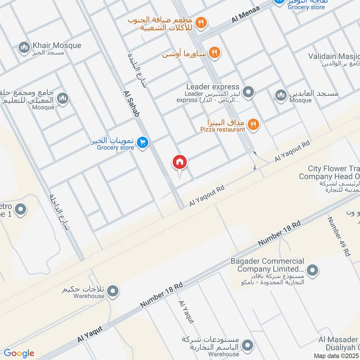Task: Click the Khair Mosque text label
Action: pos(57,45)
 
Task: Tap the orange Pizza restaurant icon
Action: pos(253,124)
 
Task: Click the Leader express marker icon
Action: pos(248,93)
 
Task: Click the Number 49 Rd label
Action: pos(339,236)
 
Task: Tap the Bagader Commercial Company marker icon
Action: pos(312,270)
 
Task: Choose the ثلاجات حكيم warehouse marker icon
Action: pos(113,291)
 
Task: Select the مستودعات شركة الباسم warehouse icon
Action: pos(247,345)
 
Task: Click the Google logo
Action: pos(19,353)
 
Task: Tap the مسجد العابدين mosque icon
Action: pos(281,95)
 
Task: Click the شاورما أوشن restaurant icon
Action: pos(214,54)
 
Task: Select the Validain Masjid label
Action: pos(334,56)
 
